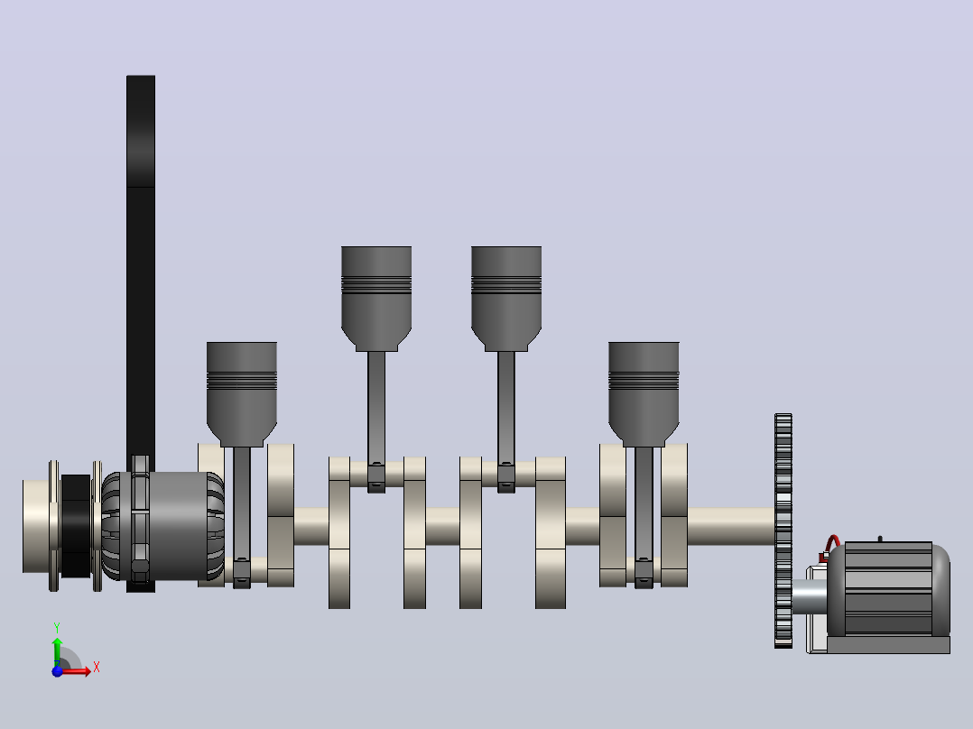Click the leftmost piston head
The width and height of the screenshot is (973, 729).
point(241,393)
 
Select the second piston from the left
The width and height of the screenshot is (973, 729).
point(376,299)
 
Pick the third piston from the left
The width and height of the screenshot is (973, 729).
point(506,299)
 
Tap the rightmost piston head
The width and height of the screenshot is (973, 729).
point(644,393)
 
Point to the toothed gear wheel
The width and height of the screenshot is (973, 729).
point(783,531)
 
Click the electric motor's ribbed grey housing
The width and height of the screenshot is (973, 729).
point(887,588)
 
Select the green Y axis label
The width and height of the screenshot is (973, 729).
point(57,628)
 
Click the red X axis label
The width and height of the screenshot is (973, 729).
point(97,668)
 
